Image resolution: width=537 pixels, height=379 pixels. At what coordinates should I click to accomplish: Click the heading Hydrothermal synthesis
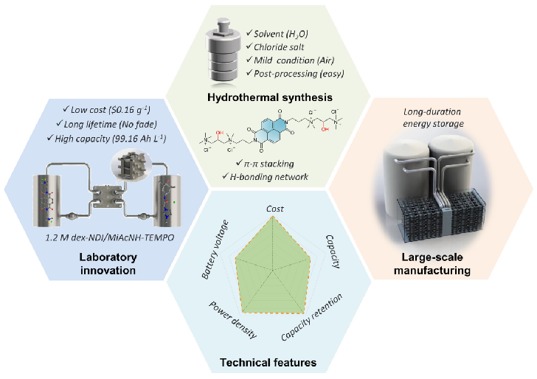point(270,97)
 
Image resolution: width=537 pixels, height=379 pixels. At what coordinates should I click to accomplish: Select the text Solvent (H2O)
point(277,34)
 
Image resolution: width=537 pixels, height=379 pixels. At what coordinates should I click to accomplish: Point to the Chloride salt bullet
point(275,47)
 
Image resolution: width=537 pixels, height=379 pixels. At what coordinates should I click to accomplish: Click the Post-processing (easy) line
point(295,74)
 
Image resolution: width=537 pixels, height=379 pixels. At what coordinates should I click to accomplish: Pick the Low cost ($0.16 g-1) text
point(107,110)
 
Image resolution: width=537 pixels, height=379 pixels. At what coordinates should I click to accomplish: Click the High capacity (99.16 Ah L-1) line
point(106,139)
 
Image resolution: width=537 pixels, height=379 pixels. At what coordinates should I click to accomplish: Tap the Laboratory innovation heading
point(108,264)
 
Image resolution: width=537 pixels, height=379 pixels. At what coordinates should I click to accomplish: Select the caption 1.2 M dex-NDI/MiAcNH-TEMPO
point(110,237)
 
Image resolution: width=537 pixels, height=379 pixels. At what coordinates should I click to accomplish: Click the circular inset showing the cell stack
point(131,164)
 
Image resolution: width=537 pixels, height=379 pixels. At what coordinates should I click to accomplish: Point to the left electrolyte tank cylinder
point(47,201)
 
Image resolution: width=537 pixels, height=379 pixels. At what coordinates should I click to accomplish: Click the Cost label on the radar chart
point(275,209)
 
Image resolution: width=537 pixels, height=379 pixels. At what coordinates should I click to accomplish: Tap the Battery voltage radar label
point(215,249)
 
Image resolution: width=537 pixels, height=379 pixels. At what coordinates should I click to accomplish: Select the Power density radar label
point(232,320)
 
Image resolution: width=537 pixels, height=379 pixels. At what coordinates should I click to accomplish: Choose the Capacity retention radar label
point(311,317)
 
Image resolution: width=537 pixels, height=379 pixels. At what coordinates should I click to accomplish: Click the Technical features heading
point(268,362)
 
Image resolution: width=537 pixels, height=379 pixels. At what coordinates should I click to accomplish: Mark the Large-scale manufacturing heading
point(432,264)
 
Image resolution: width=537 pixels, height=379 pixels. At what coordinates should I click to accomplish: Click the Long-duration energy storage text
point(433,117)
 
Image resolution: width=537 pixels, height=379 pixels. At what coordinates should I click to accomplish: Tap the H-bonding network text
point(265,177)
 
